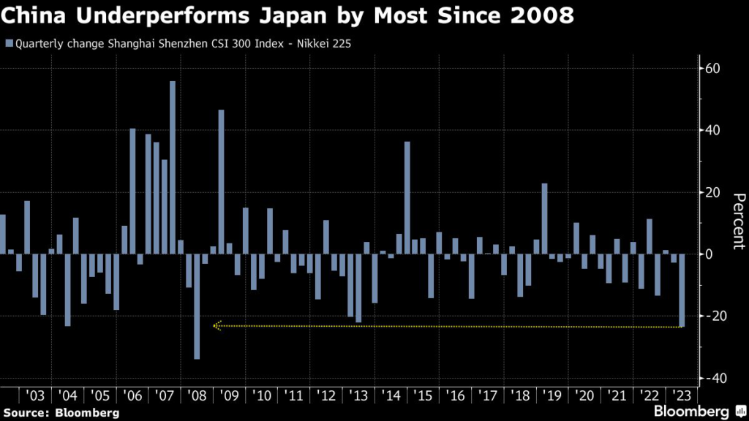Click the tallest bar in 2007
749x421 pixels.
[x=173, y=167]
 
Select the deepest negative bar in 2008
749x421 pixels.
[x=197, y=306]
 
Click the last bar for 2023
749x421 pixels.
[x=682, y=290]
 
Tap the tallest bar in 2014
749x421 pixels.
[x=407, y=197]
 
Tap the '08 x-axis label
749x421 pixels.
[x=196, y=395]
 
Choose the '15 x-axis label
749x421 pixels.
[x=424, y=395]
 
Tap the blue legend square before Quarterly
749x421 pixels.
[x=8, y=43]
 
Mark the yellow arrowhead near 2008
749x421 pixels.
[x=216, y=326]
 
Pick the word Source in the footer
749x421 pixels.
[x=27, y=413]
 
